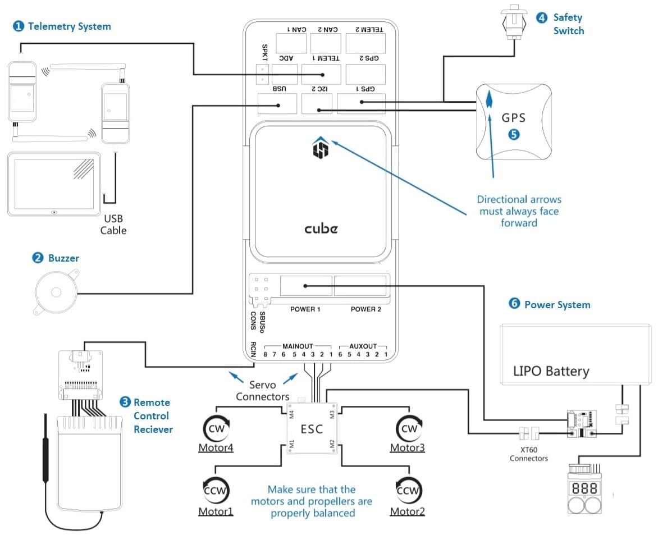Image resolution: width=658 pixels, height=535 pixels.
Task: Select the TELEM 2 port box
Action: click(x=365, y=43)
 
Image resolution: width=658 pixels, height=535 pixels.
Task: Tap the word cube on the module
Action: click(x=321, y=228)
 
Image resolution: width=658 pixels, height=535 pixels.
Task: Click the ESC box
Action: click(x=312, y=429)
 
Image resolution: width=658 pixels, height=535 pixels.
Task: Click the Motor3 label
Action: click(x=407, y=448)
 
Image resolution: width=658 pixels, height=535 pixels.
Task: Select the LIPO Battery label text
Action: click(x=551, y=371)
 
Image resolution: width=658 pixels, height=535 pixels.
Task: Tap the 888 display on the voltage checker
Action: click(x=585, y=488)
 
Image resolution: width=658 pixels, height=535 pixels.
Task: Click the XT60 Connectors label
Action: click(x=528, y=454)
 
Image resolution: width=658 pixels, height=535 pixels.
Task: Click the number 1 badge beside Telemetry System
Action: click(x=19, y=26)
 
